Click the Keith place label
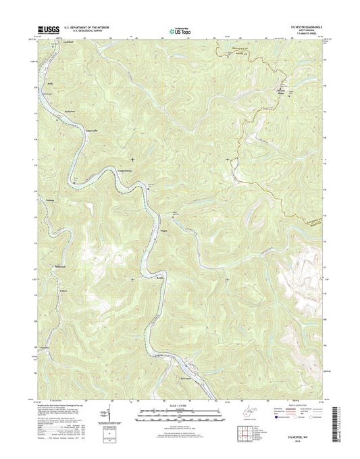coord(161,278)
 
